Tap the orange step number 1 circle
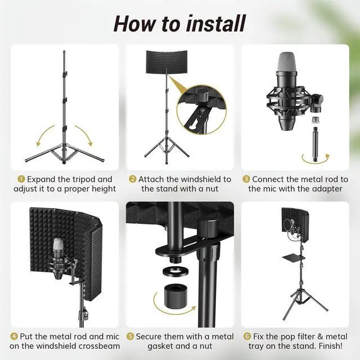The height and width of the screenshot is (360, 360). pos(21,179)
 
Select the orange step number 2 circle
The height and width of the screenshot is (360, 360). pos(133,179)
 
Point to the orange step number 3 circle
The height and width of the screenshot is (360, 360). pos(246,179)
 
